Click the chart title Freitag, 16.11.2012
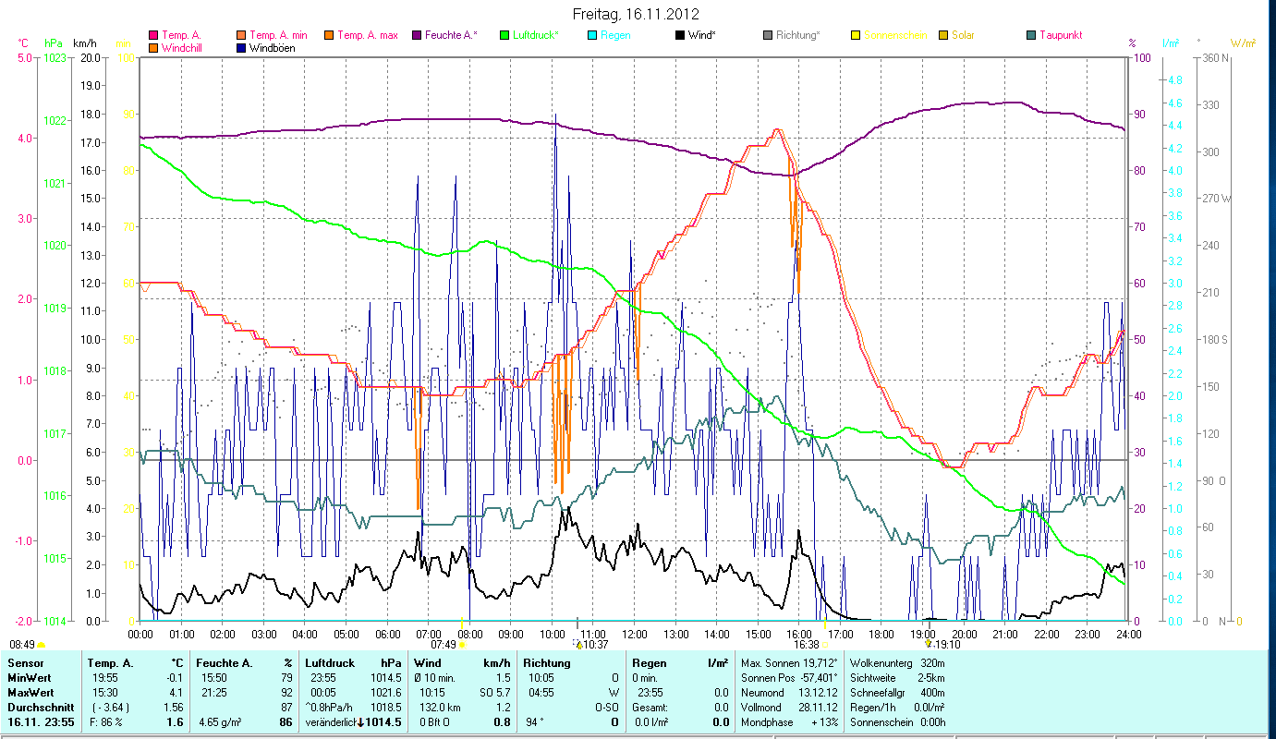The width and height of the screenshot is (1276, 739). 636,14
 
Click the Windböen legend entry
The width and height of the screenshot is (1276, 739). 273,47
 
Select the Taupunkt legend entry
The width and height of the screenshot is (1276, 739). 1060,35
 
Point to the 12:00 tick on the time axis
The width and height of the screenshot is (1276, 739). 635,635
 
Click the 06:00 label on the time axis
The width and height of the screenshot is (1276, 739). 388,635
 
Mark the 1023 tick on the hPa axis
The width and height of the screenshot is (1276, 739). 55,58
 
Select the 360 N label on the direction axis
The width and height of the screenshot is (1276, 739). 1212,58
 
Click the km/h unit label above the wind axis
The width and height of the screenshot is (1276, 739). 84,43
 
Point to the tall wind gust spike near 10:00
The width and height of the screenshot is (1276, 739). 555,116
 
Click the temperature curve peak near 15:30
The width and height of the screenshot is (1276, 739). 777,130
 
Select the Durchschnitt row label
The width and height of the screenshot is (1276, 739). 35,707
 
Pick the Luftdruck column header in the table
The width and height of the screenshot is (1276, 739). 329,663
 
